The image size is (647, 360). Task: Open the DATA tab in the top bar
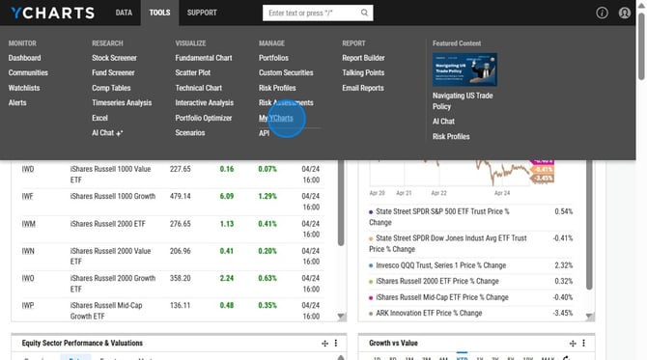pyautogui.click(x=124, y=13)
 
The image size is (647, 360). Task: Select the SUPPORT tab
pyautogui.click(x=202, y=13)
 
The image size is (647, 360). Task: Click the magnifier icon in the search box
pyautogui.click(x=365, y=14)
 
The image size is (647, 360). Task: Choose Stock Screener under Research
pyautogui.click(x=114, y=58)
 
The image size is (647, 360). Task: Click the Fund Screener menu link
pyautogui.click(x=113, y=72)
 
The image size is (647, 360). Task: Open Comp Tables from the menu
pyautogui.click(x=111, y=88)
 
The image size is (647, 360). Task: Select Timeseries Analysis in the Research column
pyautogui.click(x=122, y=102)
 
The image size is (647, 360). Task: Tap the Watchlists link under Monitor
pyautogui.click(x=24, y=88)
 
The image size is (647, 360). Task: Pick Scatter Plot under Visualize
pyautogui.click(x=193, y=72)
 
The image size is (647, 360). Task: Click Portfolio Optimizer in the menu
pyautogui.click(x=204, y=118)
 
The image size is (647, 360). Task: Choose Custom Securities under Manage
pyautogui.click(x=286, y=72)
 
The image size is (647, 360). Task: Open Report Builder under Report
pyautogui.click(x=363, y=58)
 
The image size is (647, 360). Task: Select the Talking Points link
pyautogui.click(x=363, y=72)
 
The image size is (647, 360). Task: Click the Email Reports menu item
pyautogui.click(x=363, y=88)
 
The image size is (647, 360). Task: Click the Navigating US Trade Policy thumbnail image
pyautogui.click(x=464, y=69)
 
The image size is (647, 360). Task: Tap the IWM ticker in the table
pyautogui.click(x=28, y=224)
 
